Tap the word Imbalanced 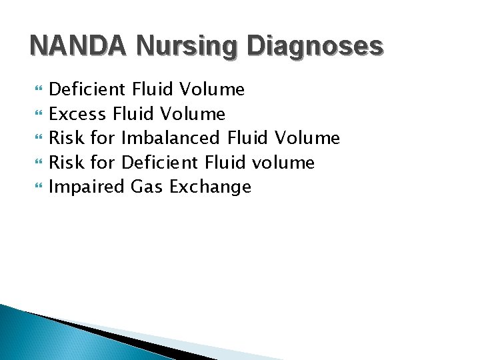171,138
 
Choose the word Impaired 87,187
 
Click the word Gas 147,187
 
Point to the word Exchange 211,187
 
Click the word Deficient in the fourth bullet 159,162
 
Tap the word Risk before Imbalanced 65,138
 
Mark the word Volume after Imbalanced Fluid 308,138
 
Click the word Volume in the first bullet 213,89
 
